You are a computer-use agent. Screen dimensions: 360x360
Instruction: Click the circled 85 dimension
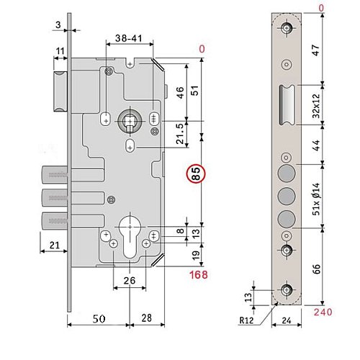coord(195,174)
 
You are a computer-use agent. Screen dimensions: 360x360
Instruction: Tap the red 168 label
coord(199,275)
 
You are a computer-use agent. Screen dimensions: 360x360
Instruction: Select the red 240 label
coord(323,312)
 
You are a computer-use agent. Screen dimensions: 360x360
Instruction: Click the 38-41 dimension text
coord(129,38)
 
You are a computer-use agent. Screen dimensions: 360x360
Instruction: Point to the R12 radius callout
coord(246,320)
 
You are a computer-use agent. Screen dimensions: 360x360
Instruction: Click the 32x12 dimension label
coord(317,106)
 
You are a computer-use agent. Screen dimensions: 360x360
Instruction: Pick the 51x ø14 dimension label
coord(317,199)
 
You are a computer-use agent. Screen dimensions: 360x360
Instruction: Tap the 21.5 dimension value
coord(180,134)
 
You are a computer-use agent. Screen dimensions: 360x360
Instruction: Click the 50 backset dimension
coord(99,319)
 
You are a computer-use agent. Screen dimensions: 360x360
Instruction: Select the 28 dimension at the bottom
coord(146,318)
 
